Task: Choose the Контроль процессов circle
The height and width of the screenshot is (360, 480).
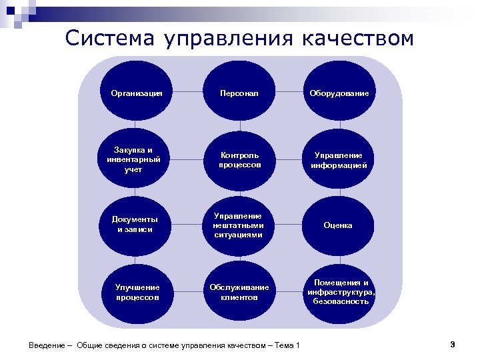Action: [239, 159]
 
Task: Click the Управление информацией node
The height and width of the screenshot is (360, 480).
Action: [339, 159]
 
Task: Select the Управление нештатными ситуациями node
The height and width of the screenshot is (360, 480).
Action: [239, 225]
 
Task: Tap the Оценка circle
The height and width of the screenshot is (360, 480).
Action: [339, 225]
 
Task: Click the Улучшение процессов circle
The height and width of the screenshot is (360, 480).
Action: [137, 292]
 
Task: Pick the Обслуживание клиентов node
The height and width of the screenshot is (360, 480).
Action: [239, 292]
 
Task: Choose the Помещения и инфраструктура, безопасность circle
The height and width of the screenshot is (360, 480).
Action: [339, 292]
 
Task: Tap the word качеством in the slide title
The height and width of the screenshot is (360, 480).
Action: [357, 39]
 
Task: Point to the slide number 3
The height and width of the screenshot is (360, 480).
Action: [452, 344]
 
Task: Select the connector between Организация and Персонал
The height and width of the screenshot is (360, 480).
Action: [187, 92]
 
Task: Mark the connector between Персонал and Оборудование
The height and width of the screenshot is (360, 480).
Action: [288, 92]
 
